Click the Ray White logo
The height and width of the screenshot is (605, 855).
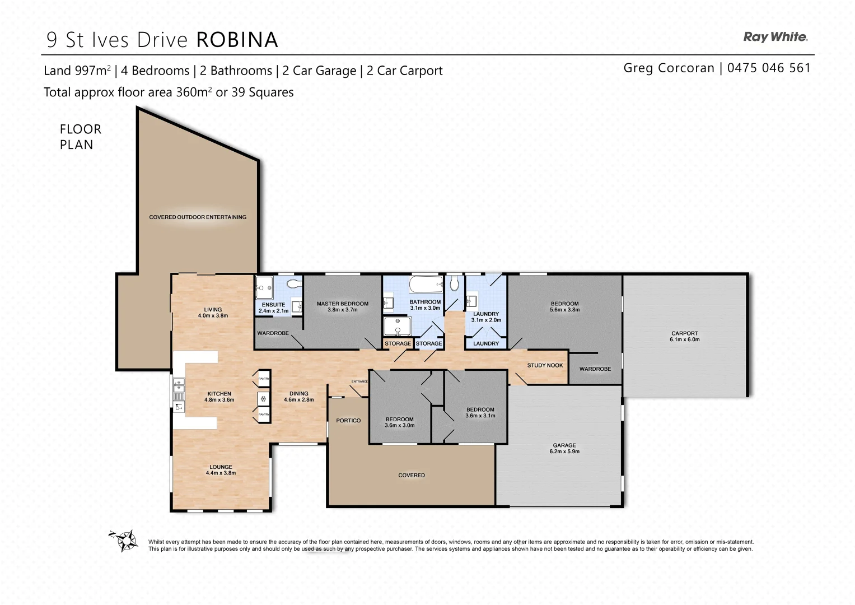coord(775,37)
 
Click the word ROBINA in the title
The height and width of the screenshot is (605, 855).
coord(237,40)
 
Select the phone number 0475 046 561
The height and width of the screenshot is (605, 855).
coord(769,68)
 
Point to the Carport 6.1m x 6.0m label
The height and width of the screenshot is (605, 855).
coord(684,336)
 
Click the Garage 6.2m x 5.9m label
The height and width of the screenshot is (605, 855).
coord(564,448)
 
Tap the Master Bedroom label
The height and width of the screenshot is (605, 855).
coord(342,306)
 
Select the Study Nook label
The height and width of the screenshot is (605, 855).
coord(544,365)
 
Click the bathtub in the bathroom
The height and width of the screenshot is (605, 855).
coord(426,285)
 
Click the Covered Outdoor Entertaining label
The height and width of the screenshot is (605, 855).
coord(197,217)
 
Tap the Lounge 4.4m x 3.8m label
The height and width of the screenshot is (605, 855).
coord(221,469)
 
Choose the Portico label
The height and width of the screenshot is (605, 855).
coord(348,420)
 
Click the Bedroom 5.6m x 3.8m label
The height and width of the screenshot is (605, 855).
coord(564,306)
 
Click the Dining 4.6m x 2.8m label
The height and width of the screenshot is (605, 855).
coord(298,397)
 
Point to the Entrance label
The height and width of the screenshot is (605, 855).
coord(359,381)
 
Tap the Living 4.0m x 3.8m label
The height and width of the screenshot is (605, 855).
coord(213,312)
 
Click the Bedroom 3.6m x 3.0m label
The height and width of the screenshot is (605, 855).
coord(399,422)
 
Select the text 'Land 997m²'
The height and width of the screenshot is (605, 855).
coord(77,71)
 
